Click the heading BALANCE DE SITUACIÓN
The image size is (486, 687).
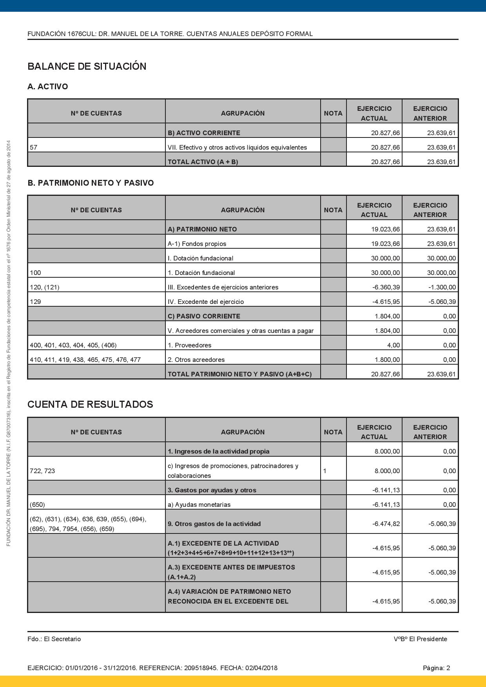coord(87,66)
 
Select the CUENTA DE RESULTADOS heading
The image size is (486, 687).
coord(90,404)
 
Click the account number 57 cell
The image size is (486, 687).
coord(34,148)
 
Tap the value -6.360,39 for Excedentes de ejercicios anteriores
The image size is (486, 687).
coord(386,287)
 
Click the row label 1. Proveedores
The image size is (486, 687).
coord(189,345)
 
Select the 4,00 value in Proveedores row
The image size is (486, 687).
coord(393,345)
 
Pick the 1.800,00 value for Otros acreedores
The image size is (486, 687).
coord(387,360)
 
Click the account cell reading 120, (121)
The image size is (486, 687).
coord(45,287)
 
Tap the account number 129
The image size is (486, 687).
coord(35,302)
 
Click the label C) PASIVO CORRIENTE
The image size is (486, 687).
coord(204,316)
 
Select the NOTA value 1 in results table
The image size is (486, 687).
coord(325,471)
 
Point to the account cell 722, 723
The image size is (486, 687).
coord(42,471)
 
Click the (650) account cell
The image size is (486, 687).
coord(37,504)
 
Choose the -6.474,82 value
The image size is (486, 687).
coord(386,524)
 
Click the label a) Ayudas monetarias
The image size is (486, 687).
coord(199,504)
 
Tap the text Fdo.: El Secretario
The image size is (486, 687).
coord(54,639)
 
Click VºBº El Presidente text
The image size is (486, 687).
coord(420,639)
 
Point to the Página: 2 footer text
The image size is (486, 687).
coord(436,668)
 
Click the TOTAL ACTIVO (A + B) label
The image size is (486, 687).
coord(203,162)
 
